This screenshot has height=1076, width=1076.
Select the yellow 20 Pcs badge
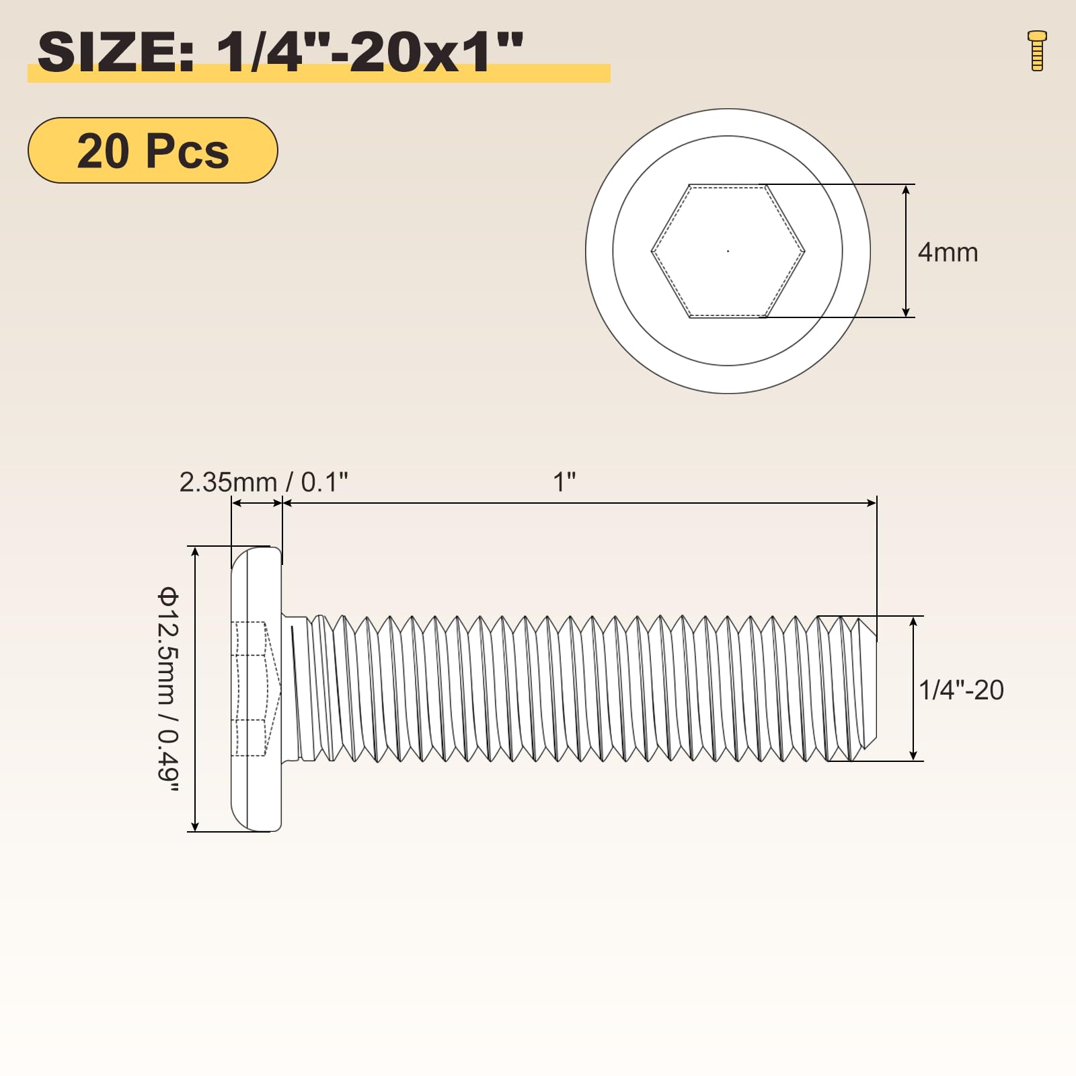[153, 151]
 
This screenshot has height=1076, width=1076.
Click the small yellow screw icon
[1037, 50]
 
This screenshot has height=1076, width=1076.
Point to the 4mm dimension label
[948, 252]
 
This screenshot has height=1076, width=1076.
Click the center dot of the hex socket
[728, 251]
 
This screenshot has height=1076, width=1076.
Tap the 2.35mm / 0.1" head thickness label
[264, 482]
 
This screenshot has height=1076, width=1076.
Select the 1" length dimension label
[564, 482]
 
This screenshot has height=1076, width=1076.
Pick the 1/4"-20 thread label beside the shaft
[961, 690]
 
